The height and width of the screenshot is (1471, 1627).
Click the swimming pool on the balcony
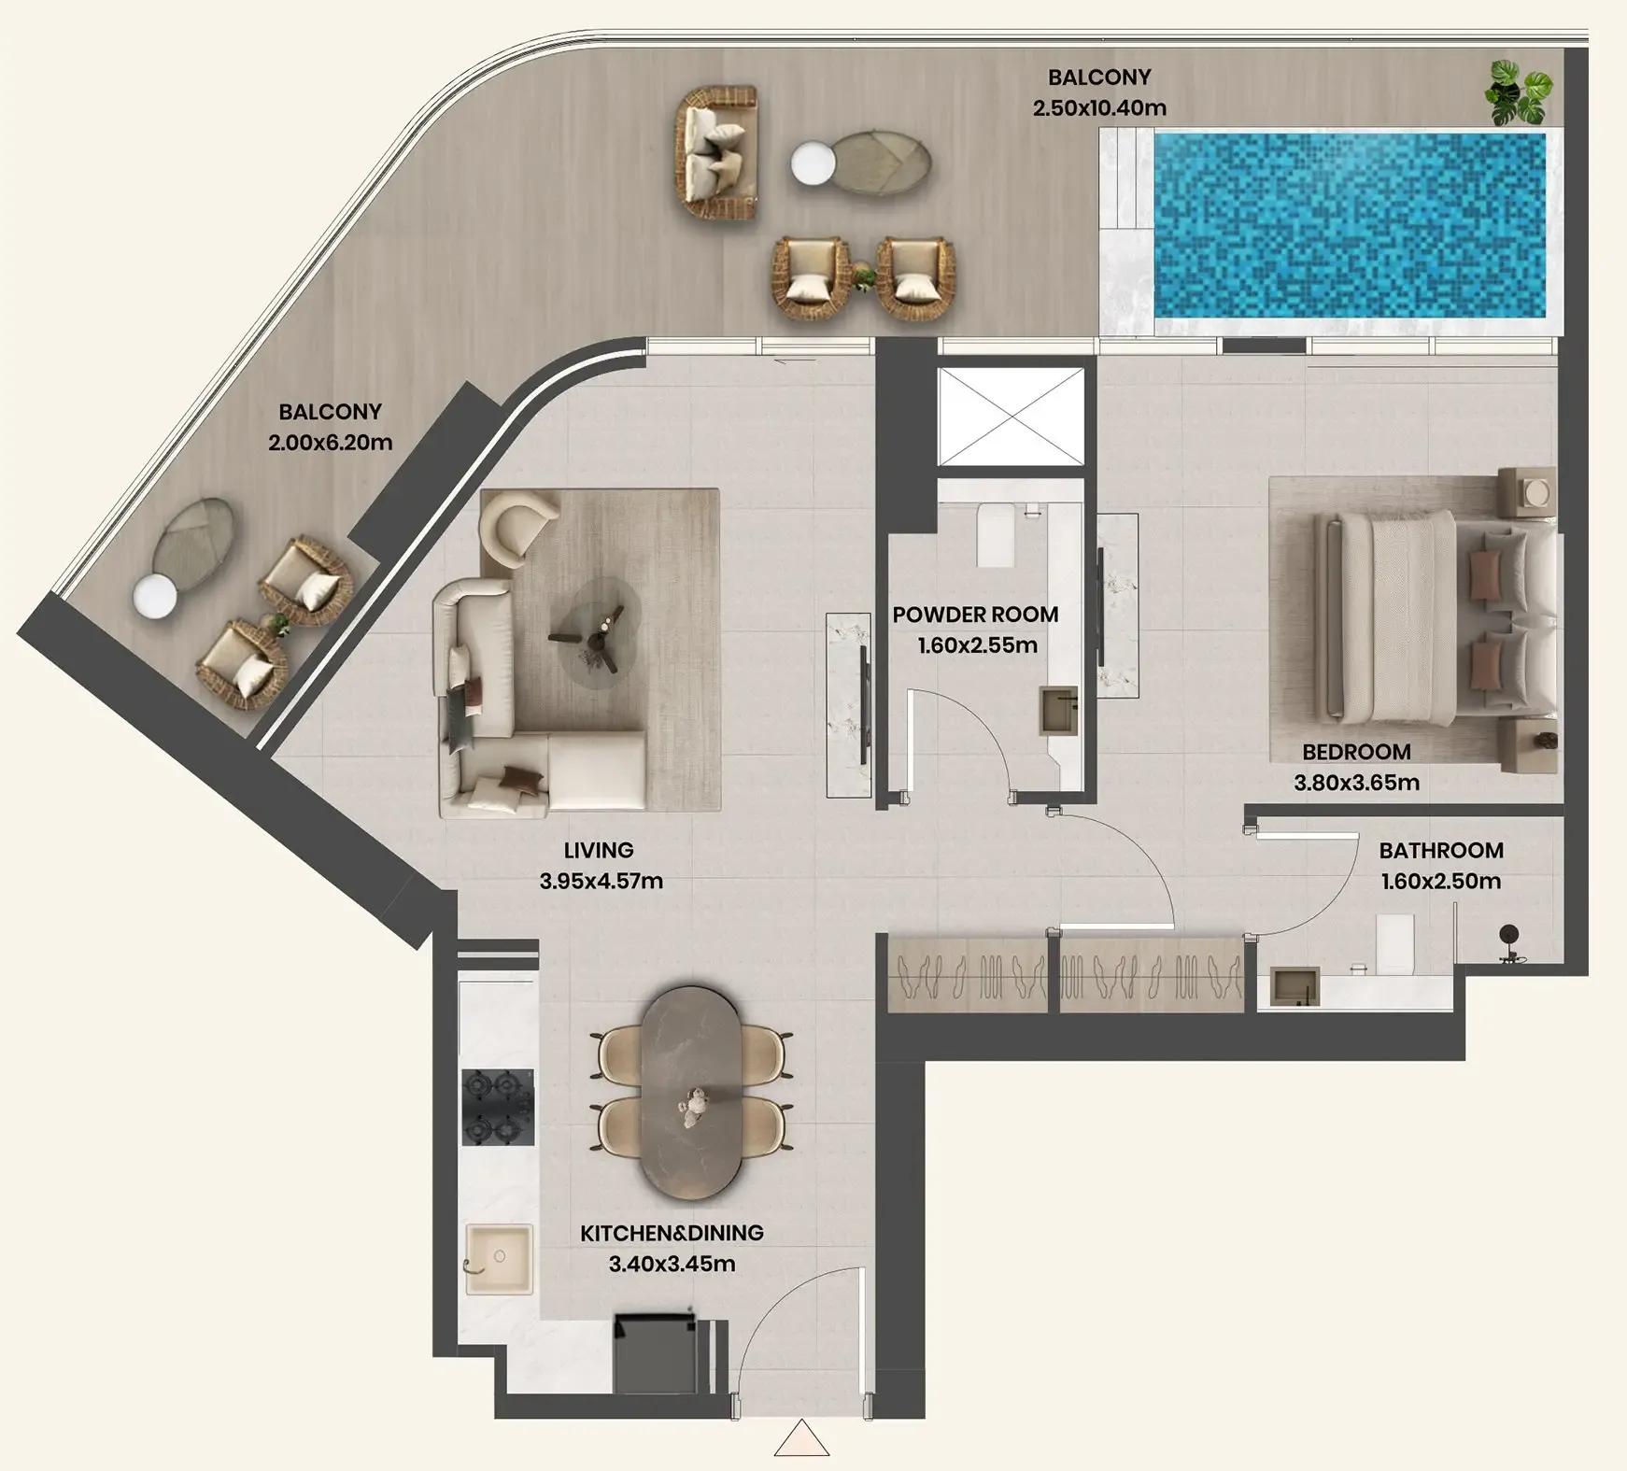[x=1349, y=225]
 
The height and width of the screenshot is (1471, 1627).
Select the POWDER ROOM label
[x=975, y=615]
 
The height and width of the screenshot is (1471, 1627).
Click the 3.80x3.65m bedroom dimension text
[x=1356, y=783]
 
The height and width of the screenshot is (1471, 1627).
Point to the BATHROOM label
[x=1441, y=850]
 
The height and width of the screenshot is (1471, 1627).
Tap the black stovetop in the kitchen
[x=498, y=1107]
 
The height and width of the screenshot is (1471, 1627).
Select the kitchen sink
[x=499, y=1260]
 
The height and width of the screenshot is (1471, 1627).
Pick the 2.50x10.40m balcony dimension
[x=1099, y=107]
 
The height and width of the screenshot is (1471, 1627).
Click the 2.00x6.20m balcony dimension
[x=330, y=442]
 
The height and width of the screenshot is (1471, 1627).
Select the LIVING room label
[x=599, y=850]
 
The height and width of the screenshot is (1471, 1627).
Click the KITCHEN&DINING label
[x=672, y=1233]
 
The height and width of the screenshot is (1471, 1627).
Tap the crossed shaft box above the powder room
[x=1011, y=417]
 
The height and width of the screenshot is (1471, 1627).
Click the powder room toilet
[x=996, y=535]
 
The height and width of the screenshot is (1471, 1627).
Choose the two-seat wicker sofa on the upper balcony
[x=716, y=153]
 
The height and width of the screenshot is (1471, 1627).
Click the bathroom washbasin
[x=1295, y=986]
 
